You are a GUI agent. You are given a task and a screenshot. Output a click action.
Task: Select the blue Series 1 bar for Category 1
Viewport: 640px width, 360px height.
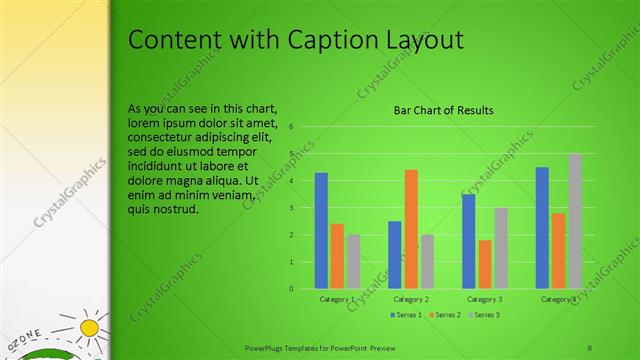click(321, 230)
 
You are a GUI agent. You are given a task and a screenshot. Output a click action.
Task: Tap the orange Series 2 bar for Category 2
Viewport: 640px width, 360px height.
click(411, 229)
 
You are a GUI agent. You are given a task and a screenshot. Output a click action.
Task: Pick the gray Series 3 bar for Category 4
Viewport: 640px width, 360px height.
click(575, 221)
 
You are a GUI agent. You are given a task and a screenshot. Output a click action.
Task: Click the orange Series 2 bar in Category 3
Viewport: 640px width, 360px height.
click(485, 264)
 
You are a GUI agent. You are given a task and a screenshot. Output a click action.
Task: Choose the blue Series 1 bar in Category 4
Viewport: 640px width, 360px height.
click(542, 228)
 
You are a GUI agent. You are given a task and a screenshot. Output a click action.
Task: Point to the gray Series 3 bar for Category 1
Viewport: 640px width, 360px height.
click(354, 261)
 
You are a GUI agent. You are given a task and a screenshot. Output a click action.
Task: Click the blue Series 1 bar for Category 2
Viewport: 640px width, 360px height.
click(395, 255)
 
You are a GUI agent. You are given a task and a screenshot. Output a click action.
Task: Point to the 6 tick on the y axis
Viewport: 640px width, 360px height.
click(290, 127)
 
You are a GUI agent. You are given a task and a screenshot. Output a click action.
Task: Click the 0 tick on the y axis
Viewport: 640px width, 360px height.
click(290, 289)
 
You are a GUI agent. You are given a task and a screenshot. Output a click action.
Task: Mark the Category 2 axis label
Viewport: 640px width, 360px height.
click(411, 299)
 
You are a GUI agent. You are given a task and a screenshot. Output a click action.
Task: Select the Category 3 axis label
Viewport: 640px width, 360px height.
click(485, 299)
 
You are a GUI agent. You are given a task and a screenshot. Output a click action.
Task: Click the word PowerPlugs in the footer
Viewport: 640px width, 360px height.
click(268, 347)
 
